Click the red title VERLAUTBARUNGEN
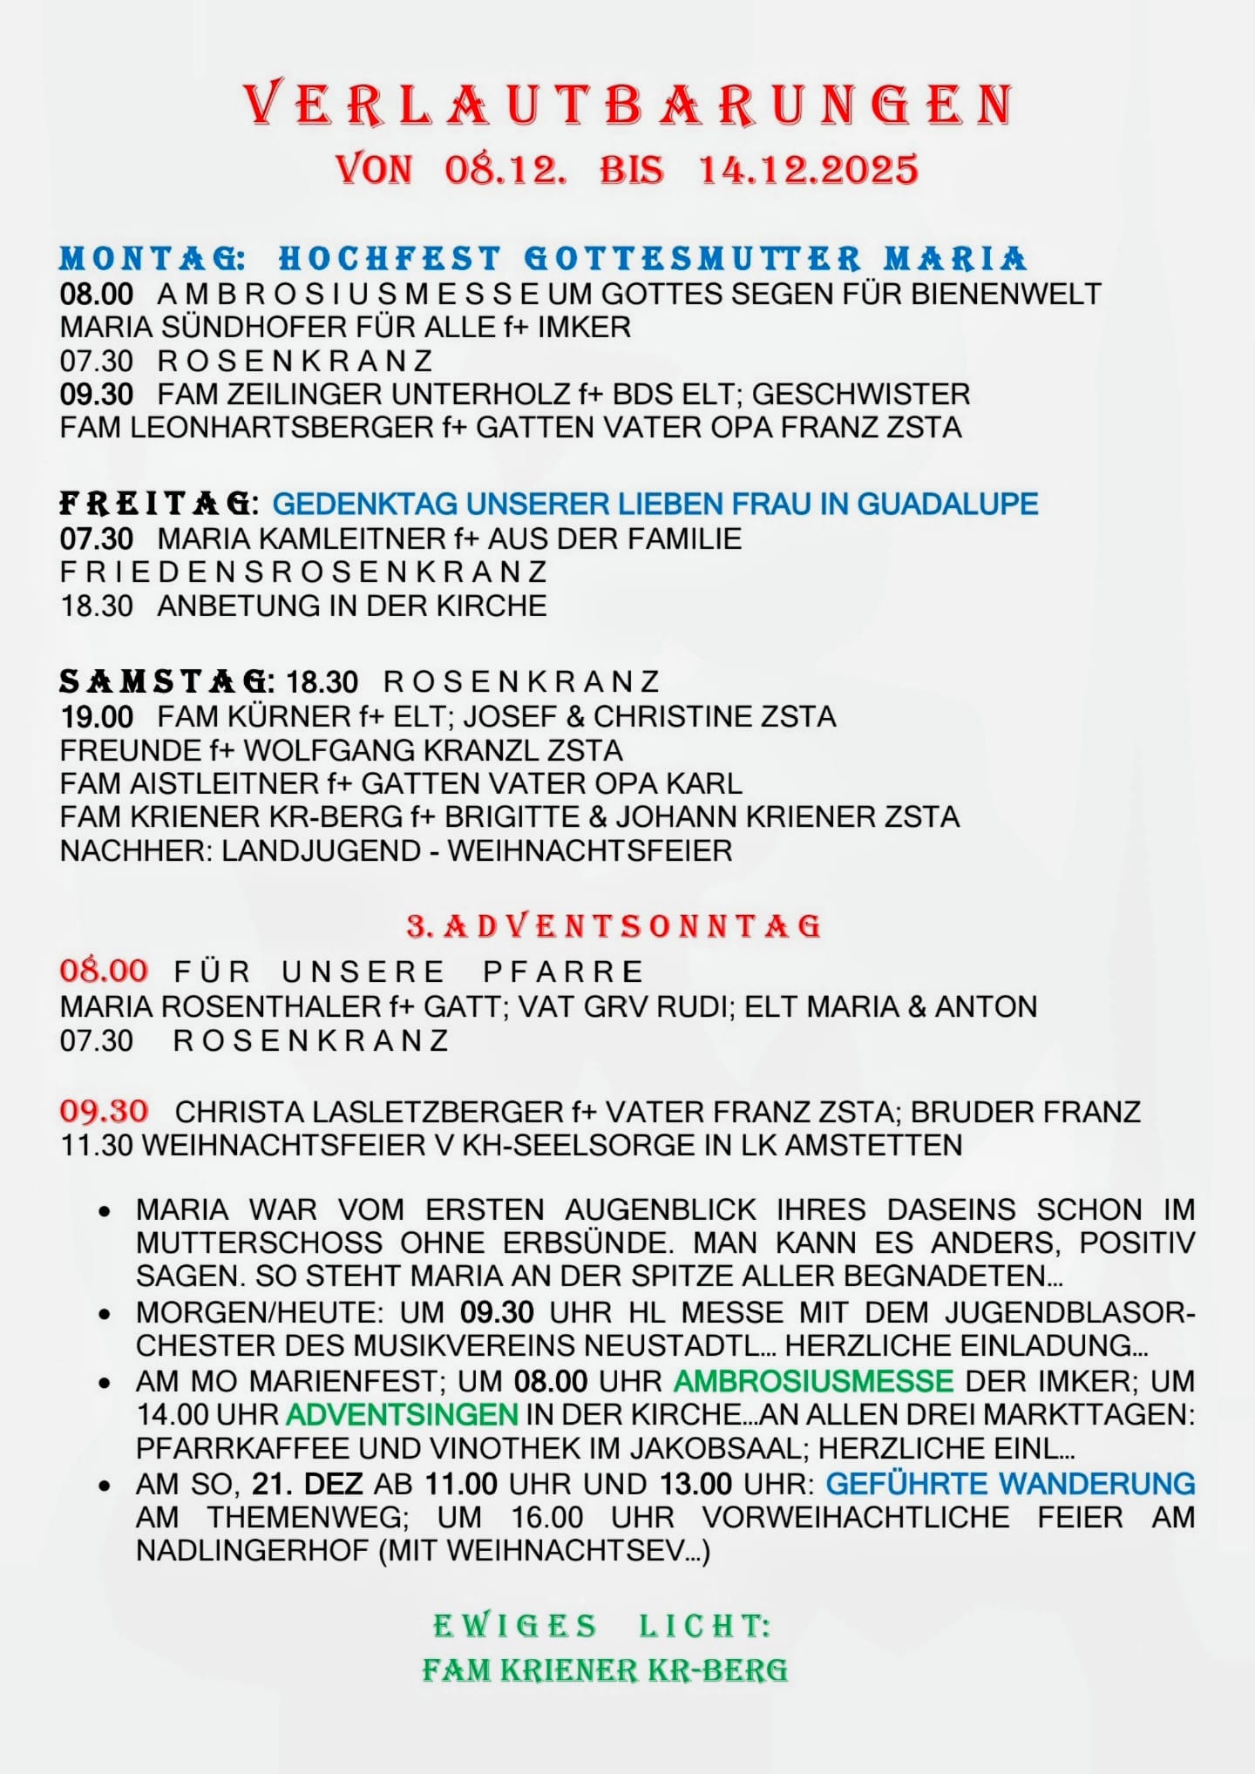point(627,105)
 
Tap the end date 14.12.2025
point(809,169)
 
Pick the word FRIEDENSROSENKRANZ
point(303,572)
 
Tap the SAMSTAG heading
point(166,680)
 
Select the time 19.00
point(97,717)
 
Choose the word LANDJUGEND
point(322,850)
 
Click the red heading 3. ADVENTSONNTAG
point(614,925)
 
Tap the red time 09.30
point(104,1111)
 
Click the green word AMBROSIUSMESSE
point(813,1381)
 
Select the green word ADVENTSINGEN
point(402,1414)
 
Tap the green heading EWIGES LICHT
point(602,1626)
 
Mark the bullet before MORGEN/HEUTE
point(105,1314)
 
